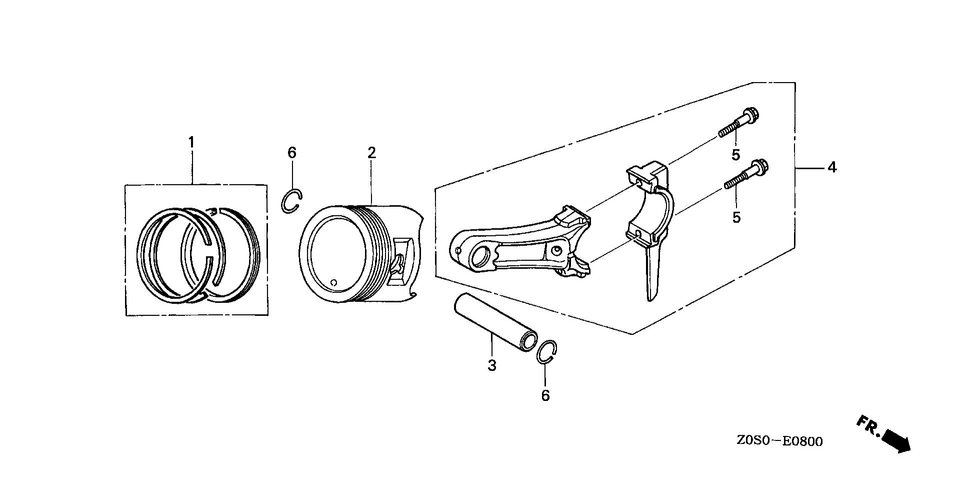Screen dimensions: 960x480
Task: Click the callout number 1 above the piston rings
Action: pos(191,143)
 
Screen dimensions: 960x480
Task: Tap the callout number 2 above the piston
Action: pos(371,153)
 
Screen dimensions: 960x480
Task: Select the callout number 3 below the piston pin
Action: pos(492,366)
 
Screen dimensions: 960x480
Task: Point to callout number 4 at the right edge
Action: pos(831,168)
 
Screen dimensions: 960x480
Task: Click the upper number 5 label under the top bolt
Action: pos(735,155)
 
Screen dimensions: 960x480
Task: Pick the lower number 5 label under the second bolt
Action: pos(736,218)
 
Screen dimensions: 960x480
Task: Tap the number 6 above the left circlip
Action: pos(292,153)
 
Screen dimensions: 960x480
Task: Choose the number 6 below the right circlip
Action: pos(545,396)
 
